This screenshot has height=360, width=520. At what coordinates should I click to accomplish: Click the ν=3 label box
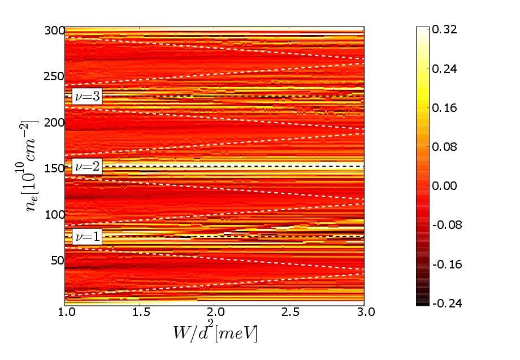click(87, 97)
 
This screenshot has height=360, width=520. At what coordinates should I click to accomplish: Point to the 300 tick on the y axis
click(54, 31)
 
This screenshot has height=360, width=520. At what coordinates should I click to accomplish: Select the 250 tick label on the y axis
click(54, 77)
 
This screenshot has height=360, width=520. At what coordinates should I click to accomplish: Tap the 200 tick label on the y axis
click(54, 123)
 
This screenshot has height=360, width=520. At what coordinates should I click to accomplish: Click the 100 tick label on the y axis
click(54, 214)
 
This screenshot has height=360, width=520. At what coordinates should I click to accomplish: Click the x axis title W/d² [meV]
click(215, 333)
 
